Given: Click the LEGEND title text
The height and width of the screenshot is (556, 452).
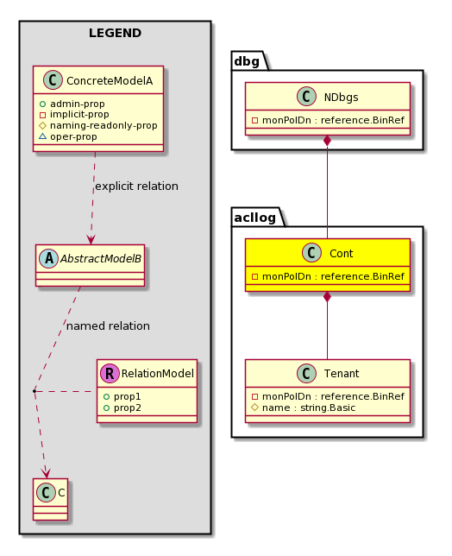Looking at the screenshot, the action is coord(115,33).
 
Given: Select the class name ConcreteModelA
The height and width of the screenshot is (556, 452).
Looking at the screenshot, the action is coord(110,81).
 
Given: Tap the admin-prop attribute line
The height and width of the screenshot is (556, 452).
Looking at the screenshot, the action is coord(78,104).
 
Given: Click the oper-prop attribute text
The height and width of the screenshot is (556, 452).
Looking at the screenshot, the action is coord(73,136).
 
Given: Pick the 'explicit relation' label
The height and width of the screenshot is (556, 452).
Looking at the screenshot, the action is coord(137,186).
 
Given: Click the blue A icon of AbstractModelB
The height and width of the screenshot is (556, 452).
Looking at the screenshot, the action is coord(49,258).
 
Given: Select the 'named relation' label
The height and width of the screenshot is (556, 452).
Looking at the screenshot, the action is coord(108,325).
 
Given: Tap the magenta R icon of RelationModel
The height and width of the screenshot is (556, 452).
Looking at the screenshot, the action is coord(110,373).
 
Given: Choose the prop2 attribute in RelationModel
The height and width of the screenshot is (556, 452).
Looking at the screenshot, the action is coord(127,408).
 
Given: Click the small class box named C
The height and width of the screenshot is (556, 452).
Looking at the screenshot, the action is coord(50,499).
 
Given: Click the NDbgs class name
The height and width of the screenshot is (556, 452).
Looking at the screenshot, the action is coord(341,98).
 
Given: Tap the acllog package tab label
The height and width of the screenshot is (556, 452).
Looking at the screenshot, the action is coord(255,218).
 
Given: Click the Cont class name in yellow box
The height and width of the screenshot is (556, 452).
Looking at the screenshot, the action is coord(341,254).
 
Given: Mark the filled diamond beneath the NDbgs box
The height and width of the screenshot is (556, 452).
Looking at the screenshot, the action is coord(327,141).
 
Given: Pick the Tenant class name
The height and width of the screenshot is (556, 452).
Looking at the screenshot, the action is coord(342,373).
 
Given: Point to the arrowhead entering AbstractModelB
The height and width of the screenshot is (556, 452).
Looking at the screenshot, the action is coord(91,240).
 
